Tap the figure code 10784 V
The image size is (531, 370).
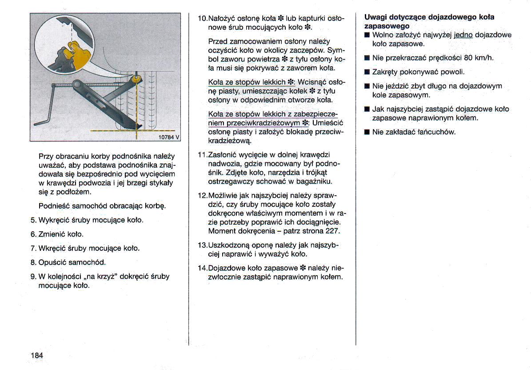tap(169, 137)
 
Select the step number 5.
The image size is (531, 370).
tap(33, 220)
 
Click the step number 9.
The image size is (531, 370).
tap(33, 276)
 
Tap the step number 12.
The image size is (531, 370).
tap(202, 195)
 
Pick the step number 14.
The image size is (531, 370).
tap(202, 268)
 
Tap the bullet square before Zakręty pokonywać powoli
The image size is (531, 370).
tap(367, 72)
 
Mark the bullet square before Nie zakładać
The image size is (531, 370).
tap(367, 132)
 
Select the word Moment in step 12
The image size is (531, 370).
tap(222, 231)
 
